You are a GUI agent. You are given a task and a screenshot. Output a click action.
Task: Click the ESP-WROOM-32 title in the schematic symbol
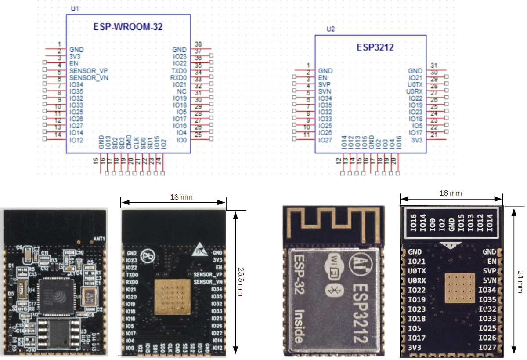click(x=128, y=26)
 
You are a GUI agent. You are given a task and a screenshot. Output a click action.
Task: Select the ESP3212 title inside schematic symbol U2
click(x=375, y=47)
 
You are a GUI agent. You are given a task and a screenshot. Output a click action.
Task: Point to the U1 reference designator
click(x=75, y=9)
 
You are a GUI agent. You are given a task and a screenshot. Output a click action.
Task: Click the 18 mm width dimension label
click(x=181, y=197)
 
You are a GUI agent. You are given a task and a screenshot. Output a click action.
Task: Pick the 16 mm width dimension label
click(x=451, y=193)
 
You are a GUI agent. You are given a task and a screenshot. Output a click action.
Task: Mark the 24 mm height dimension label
click(x=520, y=281)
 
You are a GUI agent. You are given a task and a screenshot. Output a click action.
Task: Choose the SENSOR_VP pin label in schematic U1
click(x=89, y=71)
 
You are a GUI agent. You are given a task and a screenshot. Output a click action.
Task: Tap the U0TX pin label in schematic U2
click(x=415, y=84)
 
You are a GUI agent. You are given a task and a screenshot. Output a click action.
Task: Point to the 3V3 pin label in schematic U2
click(x=416, y=139)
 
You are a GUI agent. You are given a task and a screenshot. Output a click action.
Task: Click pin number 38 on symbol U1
click(x=198, y=44)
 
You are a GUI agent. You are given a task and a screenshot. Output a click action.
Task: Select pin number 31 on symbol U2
click(x=434, y=65)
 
